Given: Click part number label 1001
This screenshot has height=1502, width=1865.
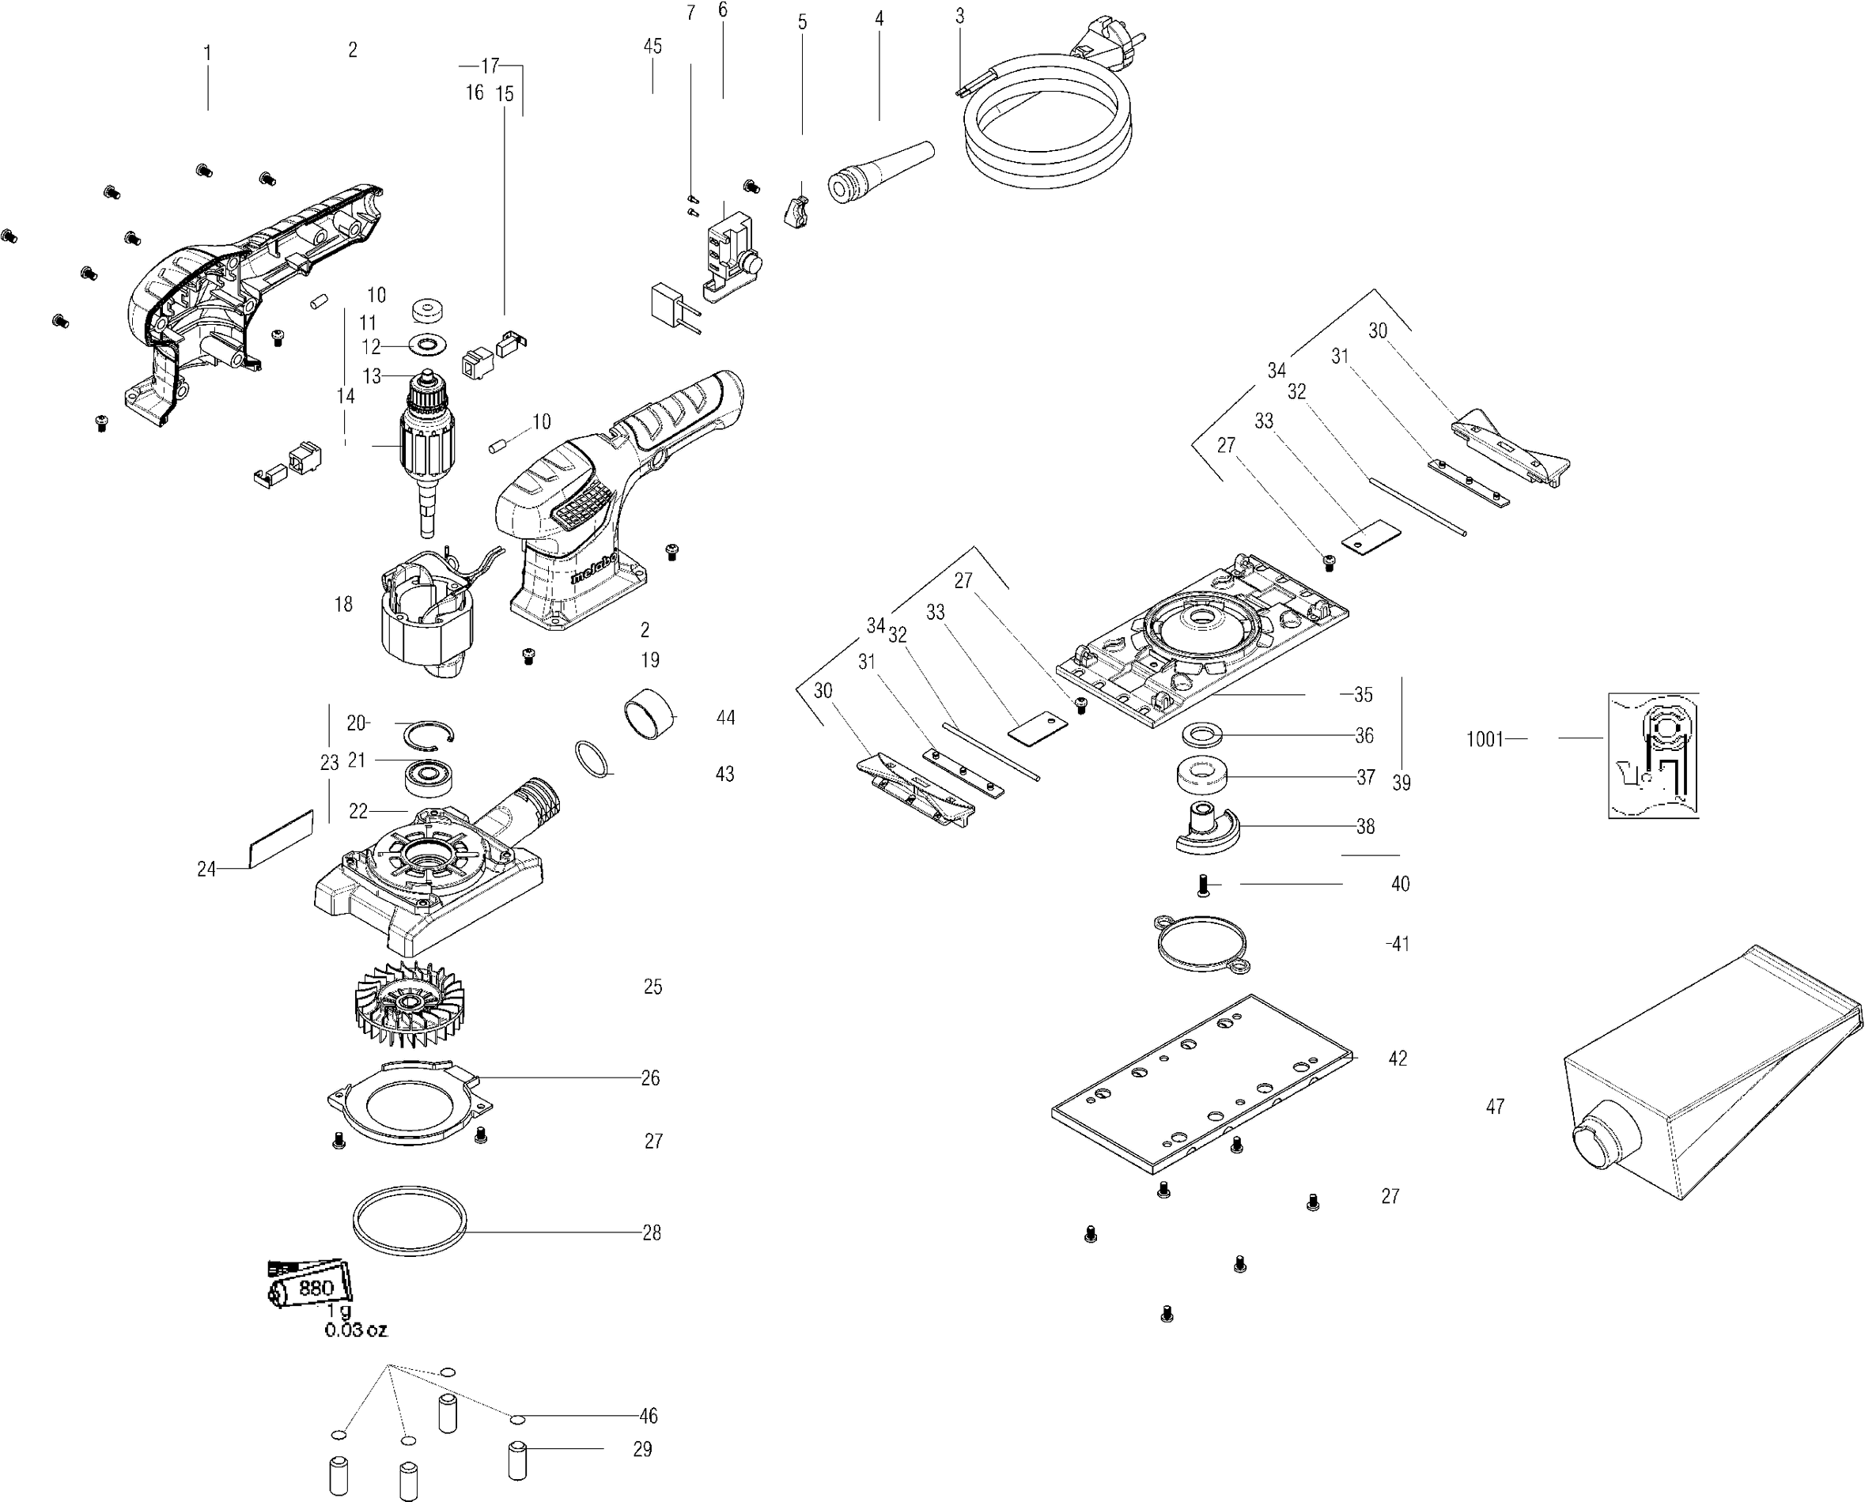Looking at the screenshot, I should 1485,740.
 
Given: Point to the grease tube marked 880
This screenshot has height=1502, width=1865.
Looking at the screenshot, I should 310,1286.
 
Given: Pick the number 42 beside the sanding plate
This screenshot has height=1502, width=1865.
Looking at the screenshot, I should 1397,1059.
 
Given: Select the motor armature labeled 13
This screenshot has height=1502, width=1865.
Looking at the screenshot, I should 426,450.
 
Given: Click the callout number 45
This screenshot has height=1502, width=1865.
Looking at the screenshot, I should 653,46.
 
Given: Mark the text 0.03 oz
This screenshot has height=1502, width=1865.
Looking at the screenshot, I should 356,1330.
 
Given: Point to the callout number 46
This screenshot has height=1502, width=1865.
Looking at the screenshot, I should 649,1417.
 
